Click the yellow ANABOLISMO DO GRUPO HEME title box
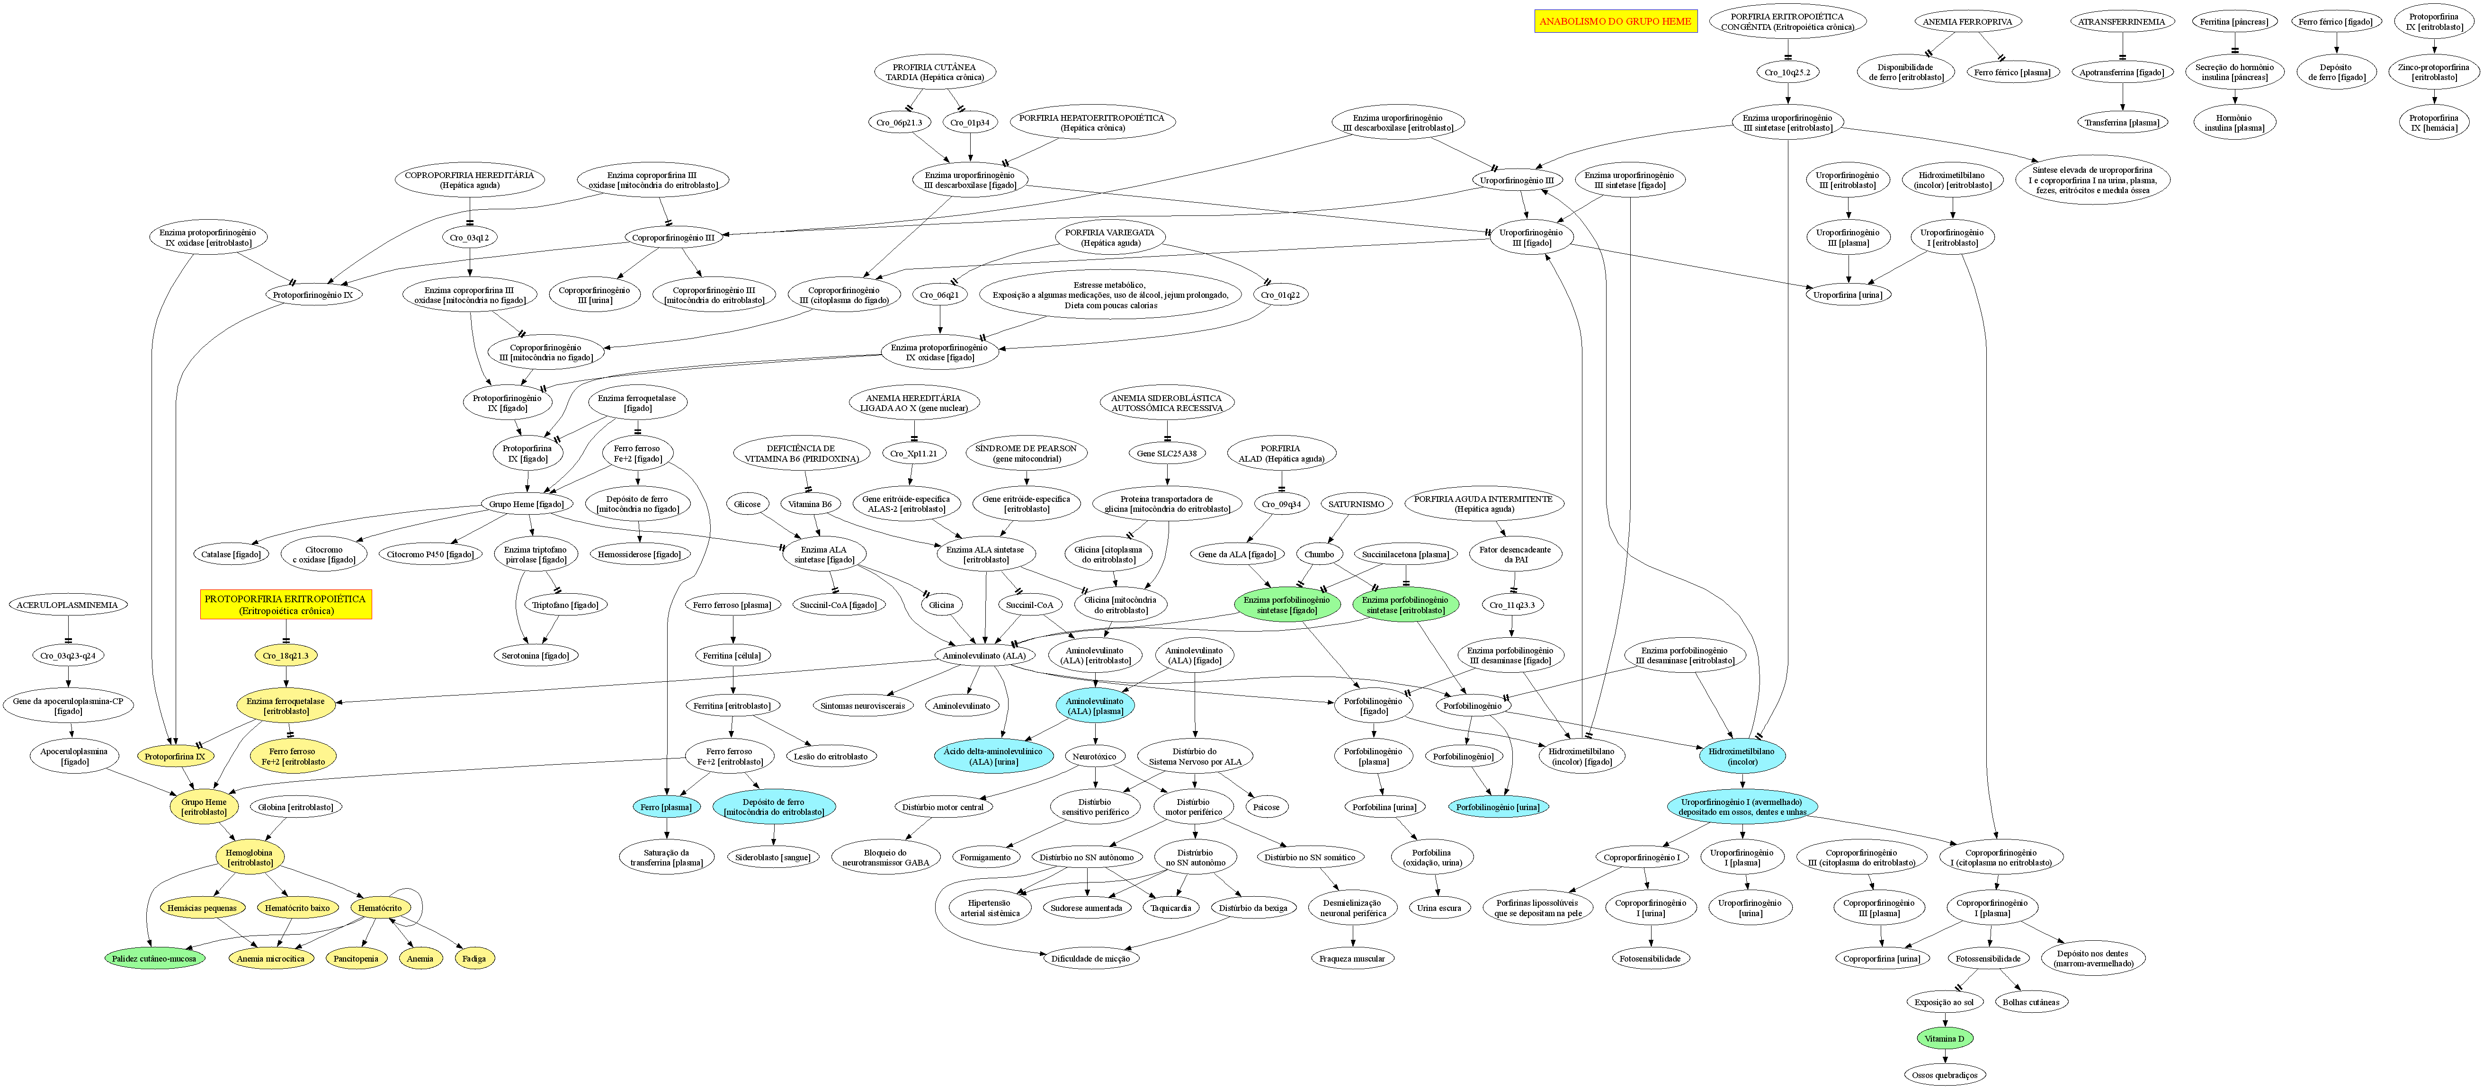(x=1616, y=21)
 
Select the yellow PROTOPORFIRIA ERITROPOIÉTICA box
(x=286, y=604)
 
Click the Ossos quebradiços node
(x=1944, y=1075)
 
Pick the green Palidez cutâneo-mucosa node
(x=154, y=959)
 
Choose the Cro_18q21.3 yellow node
(x=286, y=655)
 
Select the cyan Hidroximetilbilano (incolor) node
(x=1742, y=757)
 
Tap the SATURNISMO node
(x=1356, y=504)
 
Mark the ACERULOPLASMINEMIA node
(x=67, y=605)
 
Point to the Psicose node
(x=1266, y=807)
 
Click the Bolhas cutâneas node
(x=2031, y=1002)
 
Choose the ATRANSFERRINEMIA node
(x=2122, y=21)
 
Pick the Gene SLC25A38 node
(x=1166, y=453)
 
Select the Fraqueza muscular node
(x=1352, y=959)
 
